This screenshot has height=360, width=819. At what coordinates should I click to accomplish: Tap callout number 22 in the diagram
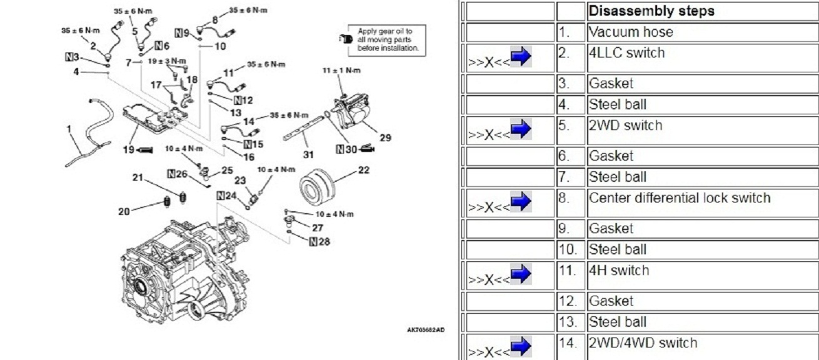pos(364,170)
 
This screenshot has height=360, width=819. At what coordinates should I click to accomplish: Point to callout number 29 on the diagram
pos(385,137)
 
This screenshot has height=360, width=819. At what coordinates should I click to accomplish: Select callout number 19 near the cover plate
pos(129,149)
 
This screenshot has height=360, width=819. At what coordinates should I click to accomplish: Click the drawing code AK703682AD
pos(425,331)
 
